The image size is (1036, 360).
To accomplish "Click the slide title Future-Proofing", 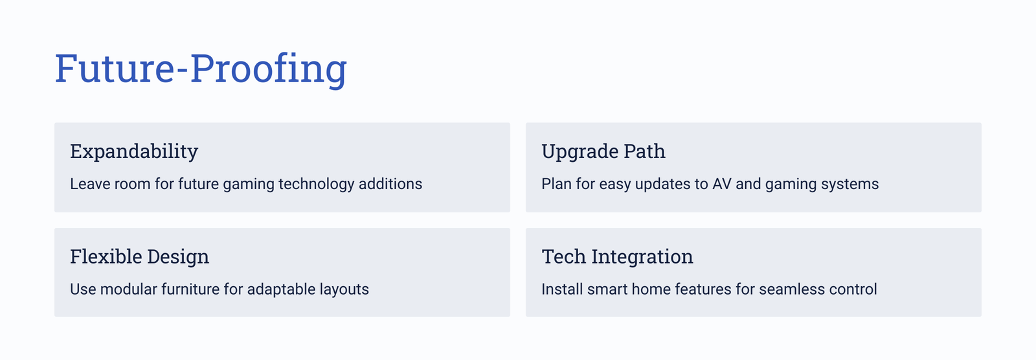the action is [x=201, y=69].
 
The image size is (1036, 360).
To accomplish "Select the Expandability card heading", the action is [x=134, y=152].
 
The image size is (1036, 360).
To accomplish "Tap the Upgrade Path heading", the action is [x=603, y=152].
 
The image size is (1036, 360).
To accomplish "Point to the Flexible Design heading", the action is [x=140, y=257].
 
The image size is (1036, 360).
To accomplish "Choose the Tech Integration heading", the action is [x=618, y=257].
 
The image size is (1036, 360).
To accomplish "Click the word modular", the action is [x=129, y=289].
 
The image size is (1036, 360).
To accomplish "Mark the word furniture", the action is [x=190, y=289].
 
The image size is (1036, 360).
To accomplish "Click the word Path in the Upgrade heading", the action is [x=645, y=152].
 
